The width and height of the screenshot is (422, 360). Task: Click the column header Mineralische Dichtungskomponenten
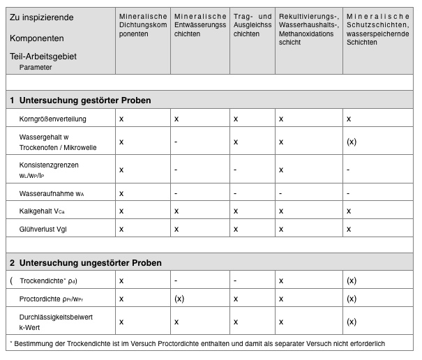[x=143, y=24]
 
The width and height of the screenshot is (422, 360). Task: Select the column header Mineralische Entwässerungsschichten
[x=200, y=24]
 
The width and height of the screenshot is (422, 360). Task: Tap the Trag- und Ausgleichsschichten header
[x=252, y=24]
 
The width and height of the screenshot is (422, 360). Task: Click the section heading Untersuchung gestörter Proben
[x=86, y=100]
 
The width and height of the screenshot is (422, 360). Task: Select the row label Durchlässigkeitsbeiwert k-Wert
[x=56, y=322]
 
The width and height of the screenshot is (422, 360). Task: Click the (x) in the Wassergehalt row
[x=352, y=142]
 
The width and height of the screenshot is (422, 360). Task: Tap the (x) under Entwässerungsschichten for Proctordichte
[x=179, y=299]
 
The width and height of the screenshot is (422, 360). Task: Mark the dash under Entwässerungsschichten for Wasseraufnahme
[x=176, y=193]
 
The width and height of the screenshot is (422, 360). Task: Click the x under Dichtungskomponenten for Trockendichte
[x=121, y=280]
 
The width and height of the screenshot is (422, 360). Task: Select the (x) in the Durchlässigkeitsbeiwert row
[x=352, y=322]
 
